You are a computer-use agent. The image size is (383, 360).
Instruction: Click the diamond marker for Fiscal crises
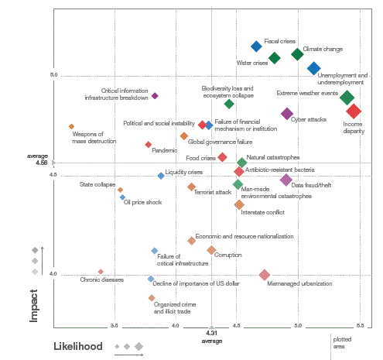tap(257, 46)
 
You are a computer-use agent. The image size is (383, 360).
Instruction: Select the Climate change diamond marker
tap(298, 54)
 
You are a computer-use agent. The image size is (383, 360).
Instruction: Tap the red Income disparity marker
tap(354, 111)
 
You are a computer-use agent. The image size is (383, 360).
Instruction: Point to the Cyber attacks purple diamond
tap(287, 114)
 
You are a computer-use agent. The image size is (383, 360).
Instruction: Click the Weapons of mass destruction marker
tap(71, 126)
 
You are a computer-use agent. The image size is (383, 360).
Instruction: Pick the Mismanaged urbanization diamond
tap(265, 275)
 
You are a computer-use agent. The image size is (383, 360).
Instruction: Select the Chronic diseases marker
tap(101, 272)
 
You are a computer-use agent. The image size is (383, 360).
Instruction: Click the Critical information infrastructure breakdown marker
tap(155, 96)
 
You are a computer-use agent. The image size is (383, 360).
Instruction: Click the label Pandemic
tap(164, 150)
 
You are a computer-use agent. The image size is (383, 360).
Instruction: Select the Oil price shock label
tap(142, 202)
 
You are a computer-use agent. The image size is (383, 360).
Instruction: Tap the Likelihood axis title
tap(77, 347)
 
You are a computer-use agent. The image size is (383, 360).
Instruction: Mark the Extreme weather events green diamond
tap(347, 98)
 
